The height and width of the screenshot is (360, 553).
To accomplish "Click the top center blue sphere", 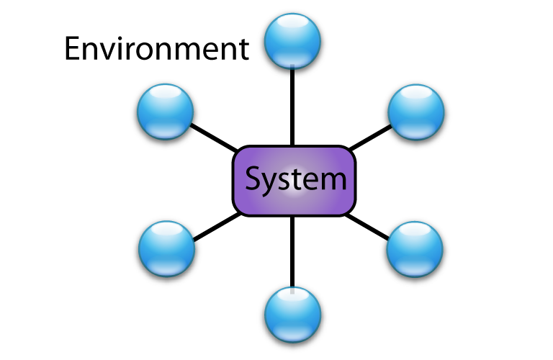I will (292, 41).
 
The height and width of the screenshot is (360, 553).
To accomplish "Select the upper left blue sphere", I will (166, 111).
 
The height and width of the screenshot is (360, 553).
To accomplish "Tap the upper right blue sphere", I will (416, 111).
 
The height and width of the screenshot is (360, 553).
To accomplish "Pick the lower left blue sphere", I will (167, 248).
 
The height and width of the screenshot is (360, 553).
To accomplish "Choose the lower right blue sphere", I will (415, 249).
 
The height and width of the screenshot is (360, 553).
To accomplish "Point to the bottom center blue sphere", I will (292, 314).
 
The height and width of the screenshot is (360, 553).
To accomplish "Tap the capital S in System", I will (254, 179).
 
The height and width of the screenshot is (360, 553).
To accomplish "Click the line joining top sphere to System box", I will (292, 108).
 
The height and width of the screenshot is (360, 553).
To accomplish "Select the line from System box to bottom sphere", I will (292, 252).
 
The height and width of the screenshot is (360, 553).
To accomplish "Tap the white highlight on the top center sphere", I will (292, 23).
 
